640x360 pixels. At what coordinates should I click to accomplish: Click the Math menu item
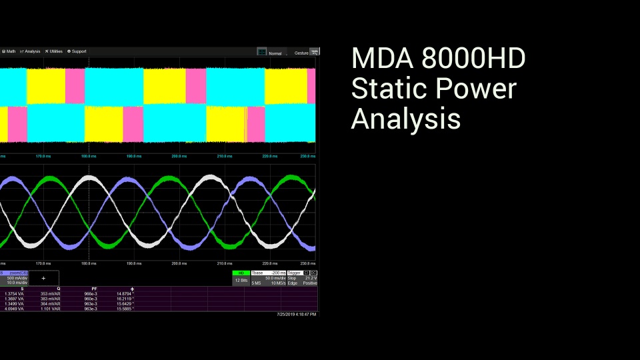[10, 51]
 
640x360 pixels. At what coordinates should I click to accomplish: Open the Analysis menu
[31, 51]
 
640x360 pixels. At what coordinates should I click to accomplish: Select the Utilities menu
[55, 51]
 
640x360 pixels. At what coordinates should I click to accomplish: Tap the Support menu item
[78, 51]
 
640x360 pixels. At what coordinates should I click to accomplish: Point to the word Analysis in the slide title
[405, 119]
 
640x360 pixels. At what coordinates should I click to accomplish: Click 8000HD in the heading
[473, 59]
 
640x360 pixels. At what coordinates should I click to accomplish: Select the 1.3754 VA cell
[14, 293]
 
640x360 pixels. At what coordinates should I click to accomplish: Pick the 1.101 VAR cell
[51, 309]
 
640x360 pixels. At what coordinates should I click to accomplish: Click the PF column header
[95, 289]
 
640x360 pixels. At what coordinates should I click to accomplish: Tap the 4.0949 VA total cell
[14, 309]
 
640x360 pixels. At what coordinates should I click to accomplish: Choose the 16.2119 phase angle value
[125, 299]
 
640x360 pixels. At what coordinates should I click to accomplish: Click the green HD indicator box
[241, 273]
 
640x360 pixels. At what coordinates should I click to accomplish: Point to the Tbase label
[257, 273]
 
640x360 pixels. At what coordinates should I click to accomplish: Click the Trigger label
[294, 273]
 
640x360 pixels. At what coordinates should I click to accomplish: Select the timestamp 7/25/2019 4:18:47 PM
[297, 314]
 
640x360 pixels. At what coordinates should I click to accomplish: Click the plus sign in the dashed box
[44, 278]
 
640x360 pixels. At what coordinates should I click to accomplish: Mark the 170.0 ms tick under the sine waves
[43, 263]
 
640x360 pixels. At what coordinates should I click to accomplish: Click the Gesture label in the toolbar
[301, 53]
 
